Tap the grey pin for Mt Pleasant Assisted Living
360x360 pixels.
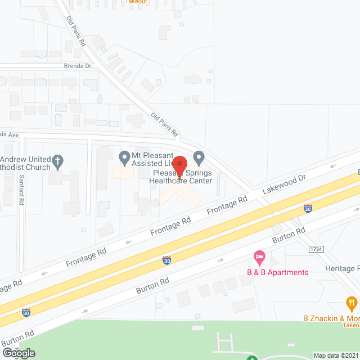click(124, 156)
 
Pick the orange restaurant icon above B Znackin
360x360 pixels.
click(352, 304)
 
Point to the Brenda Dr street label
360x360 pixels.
click(78, 66)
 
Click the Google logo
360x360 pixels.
click(19, 353)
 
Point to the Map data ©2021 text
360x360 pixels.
click(336, 355)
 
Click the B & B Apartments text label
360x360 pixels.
click(278, 273)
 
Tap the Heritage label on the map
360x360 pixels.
click(341, 269)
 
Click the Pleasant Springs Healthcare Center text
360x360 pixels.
click(181, 177)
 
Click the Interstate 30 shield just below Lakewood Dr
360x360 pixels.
click(308, 209)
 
